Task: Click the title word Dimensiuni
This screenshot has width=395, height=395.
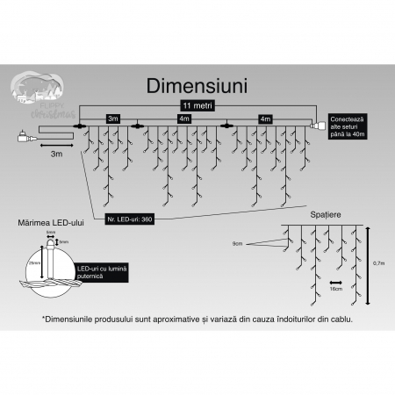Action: [197, 86]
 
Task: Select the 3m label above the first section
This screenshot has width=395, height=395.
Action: [112, 118]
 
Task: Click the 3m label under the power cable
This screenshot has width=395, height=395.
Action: [55, 154]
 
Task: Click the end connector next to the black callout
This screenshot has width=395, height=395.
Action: [320, 126]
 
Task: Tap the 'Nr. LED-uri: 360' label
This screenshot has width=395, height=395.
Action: [130, 218]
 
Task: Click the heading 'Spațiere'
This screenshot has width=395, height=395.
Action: [326, 214]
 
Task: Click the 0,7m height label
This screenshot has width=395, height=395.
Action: [377, 262]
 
